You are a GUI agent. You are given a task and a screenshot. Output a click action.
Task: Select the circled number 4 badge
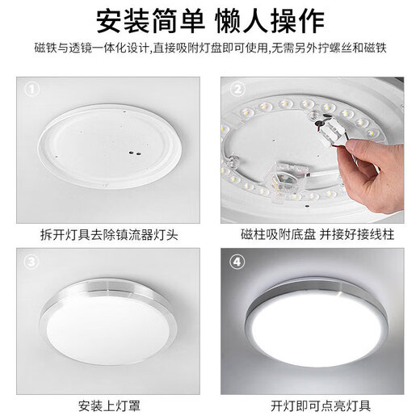(x=237, y=262)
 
